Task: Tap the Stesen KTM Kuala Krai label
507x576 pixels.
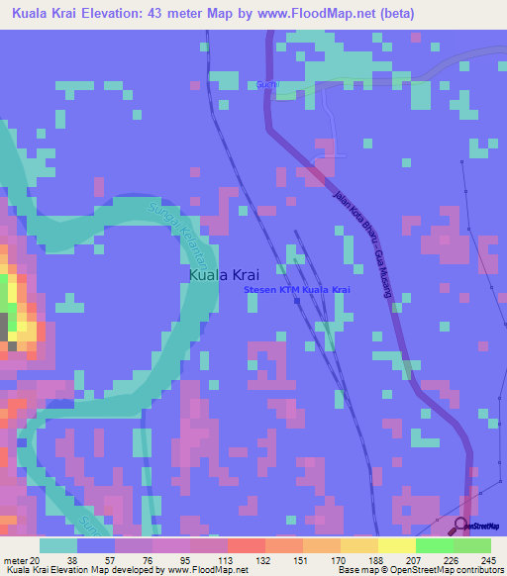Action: click(297, 289)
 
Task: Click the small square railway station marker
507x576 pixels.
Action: click(296, 303)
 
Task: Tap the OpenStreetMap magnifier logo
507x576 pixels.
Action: click(462, 527)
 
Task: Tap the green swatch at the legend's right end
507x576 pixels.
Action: click(472, 544)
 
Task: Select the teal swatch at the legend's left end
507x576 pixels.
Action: click(58, 544)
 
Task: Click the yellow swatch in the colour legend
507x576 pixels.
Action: click(396, 544)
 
